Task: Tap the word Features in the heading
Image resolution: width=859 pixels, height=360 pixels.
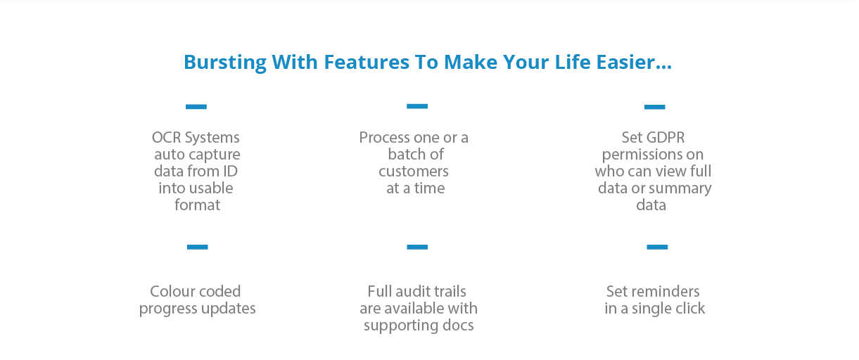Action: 366,63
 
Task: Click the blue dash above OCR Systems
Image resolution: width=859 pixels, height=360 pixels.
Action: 196,107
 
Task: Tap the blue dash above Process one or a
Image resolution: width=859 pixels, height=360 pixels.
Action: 417,106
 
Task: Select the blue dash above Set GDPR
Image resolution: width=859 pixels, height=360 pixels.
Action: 654,107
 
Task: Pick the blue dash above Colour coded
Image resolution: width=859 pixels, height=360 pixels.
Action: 197,247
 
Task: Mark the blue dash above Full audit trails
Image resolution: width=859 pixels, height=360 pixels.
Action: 417,247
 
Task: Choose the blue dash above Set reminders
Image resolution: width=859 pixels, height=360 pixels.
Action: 656,247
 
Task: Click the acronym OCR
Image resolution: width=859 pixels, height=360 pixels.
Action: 167,138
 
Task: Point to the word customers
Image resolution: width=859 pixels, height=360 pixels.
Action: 414,172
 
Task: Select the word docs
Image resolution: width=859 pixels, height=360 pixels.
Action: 458,326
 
